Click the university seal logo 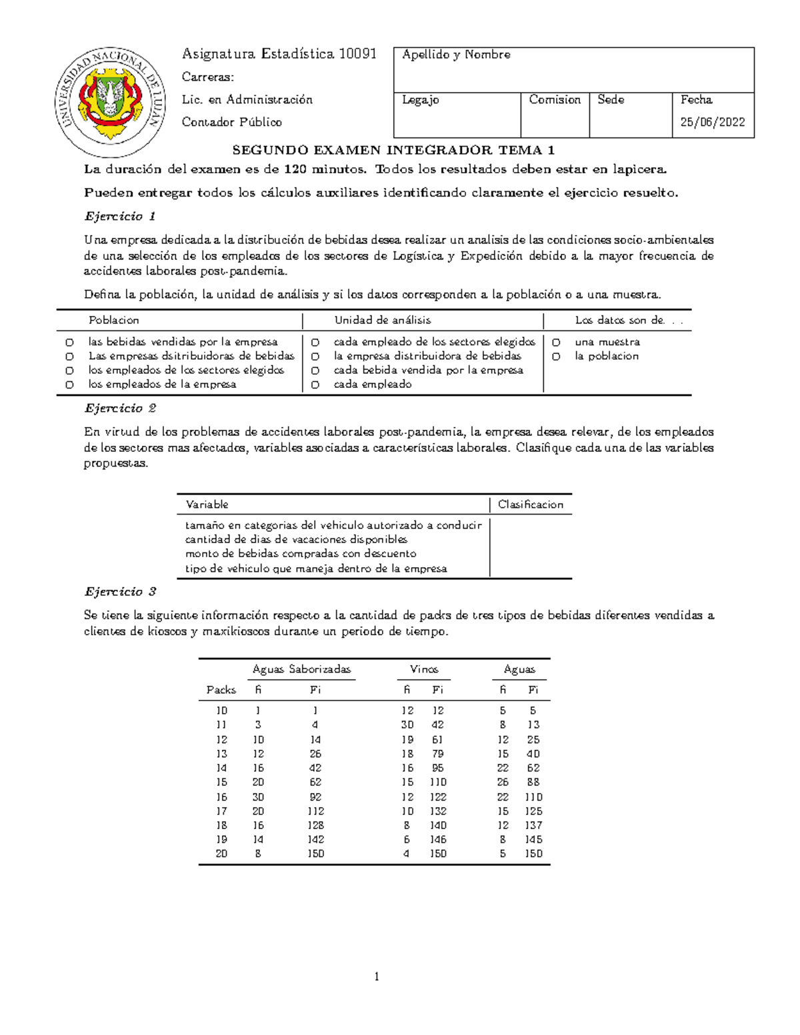pos(111,101)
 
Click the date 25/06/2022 pos(712,122)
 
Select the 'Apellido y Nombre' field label pos(456,55)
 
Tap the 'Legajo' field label pos(420,100)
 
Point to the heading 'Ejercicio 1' pos(120,216)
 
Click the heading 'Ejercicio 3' pos(120,592)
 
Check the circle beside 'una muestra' pos(556,343)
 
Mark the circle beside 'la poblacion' pos(556,357)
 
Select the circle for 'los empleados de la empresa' pos(69,385)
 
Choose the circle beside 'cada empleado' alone pos(315,385)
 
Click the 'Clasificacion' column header pos(531,505)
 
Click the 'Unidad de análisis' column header pos(382,320)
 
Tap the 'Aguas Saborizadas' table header pos(301,669)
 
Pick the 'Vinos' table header pos(424,669)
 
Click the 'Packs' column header pos(221,690)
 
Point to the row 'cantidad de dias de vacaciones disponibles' pos(296,539)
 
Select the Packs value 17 pos(221,811)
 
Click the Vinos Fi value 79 pos(438,754)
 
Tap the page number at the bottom pos(377,977)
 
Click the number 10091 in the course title pos(358,54)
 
